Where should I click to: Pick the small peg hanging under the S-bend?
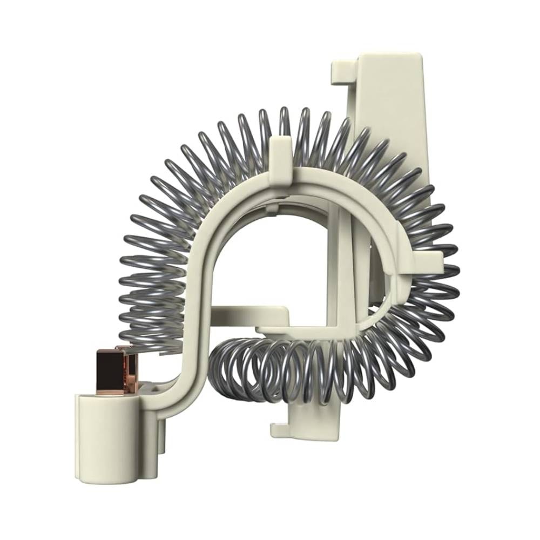click(162, 432)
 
